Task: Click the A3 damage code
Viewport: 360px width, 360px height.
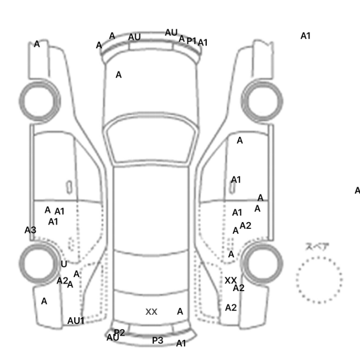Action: coord(30,230)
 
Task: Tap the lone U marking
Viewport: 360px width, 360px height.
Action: coord(64,264)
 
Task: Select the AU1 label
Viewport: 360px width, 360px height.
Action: coord(76,320)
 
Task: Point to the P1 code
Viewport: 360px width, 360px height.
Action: coord(191,41)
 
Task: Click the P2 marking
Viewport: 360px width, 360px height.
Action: coord(119,333)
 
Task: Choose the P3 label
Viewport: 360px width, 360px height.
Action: coord(157,340)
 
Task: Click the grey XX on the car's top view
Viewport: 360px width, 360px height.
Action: coord(151,312)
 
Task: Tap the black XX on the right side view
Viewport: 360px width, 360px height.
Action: coord(231,280)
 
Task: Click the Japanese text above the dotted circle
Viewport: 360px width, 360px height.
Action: coord(317,247)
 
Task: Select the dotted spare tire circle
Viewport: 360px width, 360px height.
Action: coord(319,279)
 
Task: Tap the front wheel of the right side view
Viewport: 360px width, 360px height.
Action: coord(262,98)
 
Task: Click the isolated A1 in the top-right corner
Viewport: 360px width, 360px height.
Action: coord(305,36)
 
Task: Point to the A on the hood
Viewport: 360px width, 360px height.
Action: coord(119,75)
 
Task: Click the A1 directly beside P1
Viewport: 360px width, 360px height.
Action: coord(203,43)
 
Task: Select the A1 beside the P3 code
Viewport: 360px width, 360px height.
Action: coord(181,343)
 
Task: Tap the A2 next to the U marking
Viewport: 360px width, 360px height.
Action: coord(62,280)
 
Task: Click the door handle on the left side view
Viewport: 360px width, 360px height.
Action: coord(69,186)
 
